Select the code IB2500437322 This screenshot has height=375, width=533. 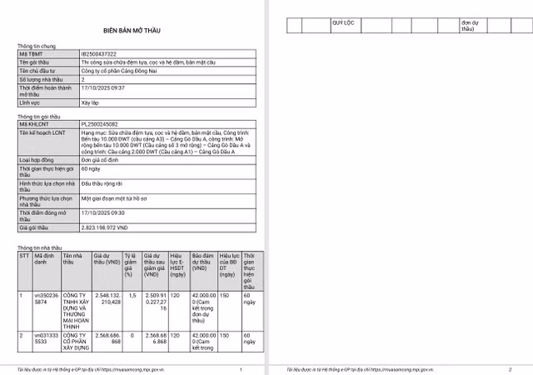coord(97,54)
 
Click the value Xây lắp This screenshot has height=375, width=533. coord(90,102)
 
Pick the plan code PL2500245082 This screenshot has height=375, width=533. coord(98,124)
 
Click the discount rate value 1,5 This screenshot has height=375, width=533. coord(128,295)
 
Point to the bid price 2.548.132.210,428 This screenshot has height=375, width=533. coord(106,298)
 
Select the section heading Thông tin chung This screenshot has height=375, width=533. coord(37,47)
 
